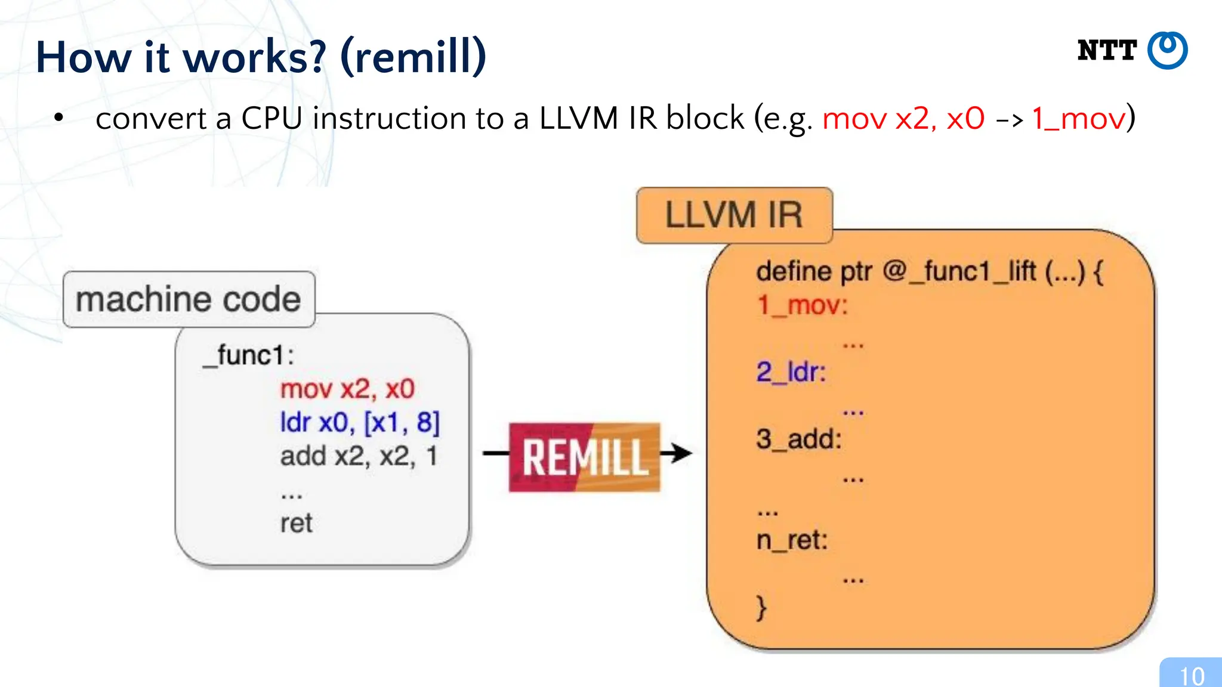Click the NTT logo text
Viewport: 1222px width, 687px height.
coord(1107,51)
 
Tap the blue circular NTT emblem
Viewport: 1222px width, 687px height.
coord(1168,51)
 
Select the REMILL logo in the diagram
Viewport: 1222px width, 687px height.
coord(584,457)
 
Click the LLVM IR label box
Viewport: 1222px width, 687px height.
coord(734,215)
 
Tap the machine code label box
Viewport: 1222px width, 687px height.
coord(189,299)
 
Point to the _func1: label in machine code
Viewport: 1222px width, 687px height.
coord(248,355)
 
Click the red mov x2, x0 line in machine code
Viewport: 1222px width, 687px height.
coord(347,389)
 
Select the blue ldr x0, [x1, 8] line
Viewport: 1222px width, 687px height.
coord(360,423)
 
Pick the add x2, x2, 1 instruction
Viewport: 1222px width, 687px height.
coord(359,456)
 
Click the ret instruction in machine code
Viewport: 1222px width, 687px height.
coord(296,524)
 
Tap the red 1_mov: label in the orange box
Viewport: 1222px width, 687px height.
coord(802,305)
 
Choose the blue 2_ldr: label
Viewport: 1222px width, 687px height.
coord(791,372)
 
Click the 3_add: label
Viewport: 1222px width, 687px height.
coord(799,440)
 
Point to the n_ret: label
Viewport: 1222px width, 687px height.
coord(792,540)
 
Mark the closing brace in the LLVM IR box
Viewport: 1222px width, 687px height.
coord(761,608)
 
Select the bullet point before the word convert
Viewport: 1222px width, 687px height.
coord(58,117)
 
